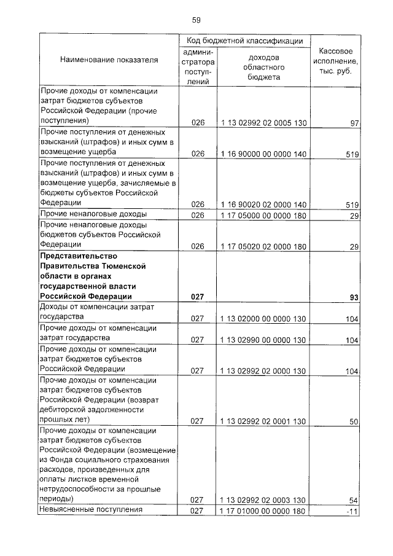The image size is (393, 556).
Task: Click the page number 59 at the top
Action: (196, 20)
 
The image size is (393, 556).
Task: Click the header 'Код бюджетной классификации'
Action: (245, 41)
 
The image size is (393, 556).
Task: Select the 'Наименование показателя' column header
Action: (109, 60)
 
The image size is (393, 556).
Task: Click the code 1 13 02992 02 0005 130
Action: (263, 123)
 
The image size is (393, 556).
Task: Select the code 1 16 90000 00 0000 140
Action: (263, 154)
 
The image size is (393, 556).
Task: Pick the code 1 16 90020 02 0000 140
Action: (263, 204)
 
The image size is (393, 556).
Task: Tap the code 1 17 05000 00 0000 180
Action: (263, 215)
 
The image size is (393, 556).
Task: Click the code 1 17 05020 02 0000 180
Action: (263, 246)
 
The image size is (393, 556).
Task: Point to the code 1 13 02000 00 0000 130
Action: (263, 319)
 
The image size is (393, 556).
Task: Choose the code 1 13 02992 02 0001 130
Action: (263, 421)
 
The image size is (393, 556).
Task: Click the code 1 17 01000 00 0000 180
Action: (263, 511)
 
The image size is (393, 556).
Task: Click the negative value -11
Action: (352, 511)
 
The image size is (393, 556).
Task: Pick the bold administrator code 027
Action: (197, 297)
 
